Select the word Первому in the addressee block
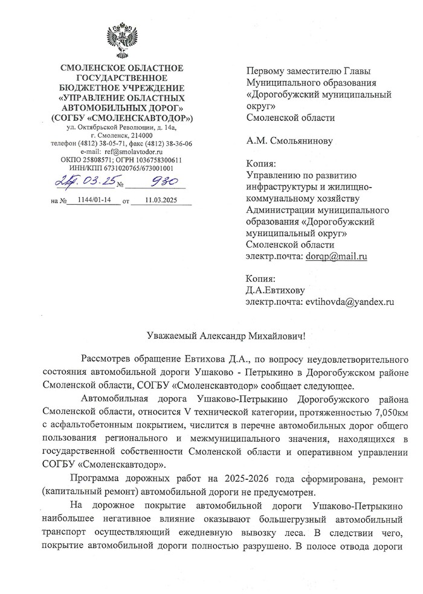click(x=266, y=71)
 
